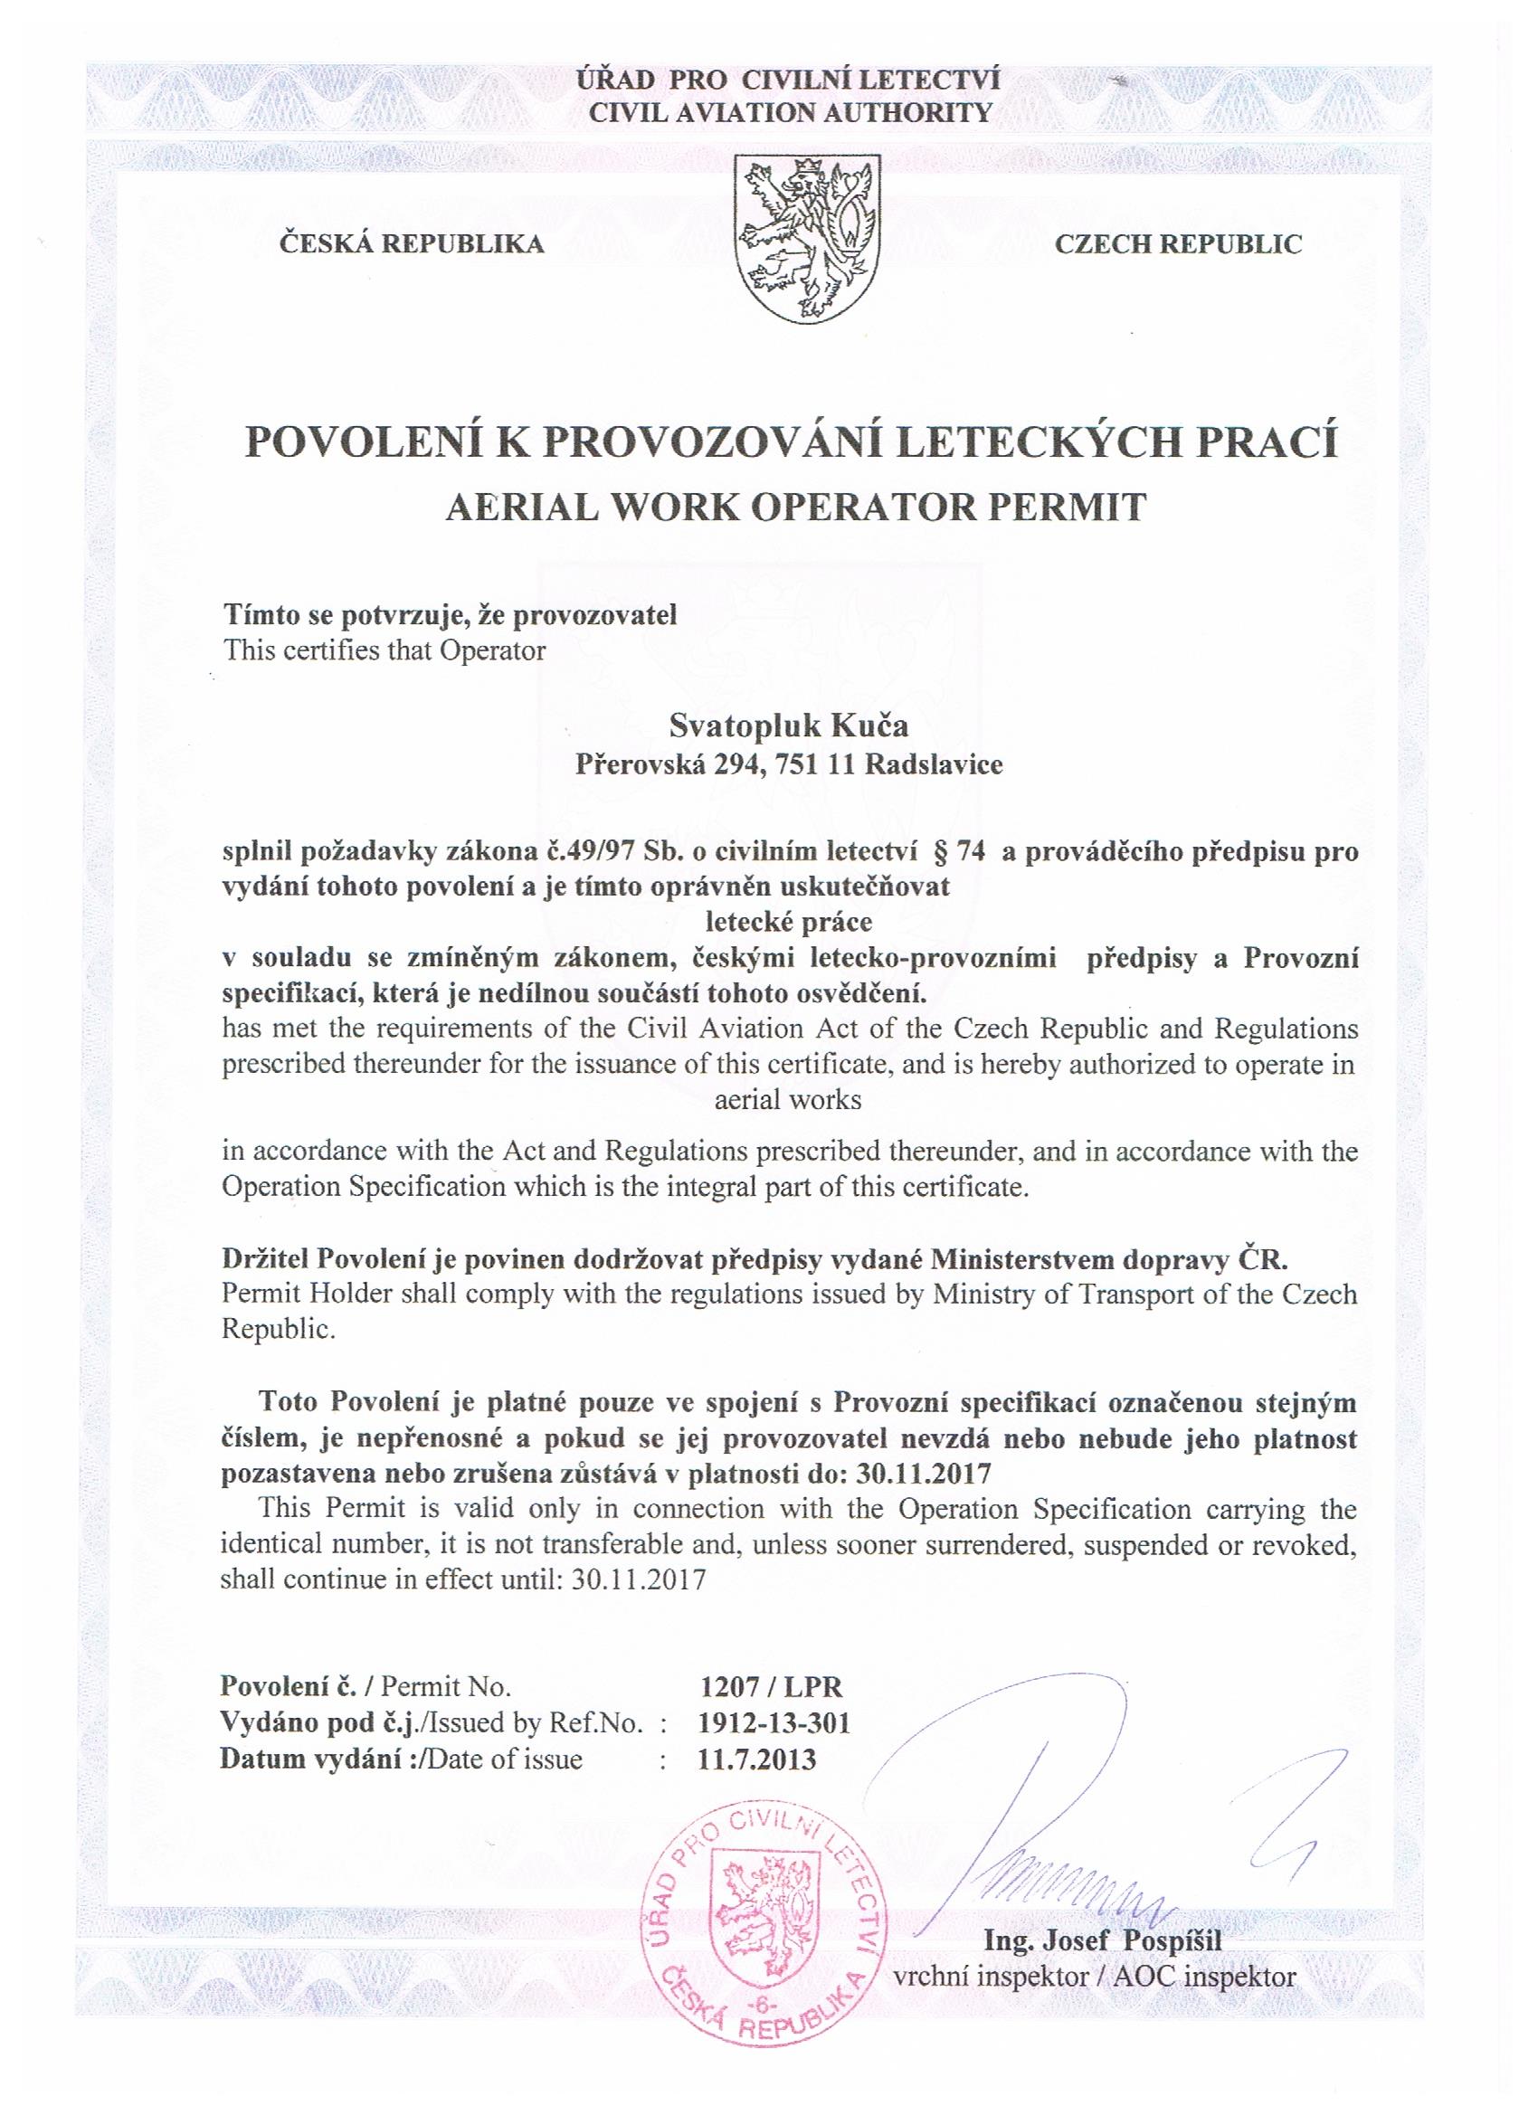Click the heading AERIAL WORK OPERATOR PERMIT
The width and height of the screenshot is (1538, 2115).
pyautogui.click(x=794, y=507)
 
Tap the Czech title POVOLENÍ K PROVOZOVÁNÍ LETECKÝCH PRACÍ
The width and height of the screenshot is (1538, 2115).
pyautogui.click(x=791, y=441)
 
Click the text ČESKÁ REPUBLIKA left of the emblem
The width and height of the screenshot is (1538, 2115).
pyautogui.click(x=412, y=245)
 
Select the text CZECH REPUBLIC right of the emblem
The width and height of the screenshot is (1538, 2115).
pyautogui.click(x=1178, y=245)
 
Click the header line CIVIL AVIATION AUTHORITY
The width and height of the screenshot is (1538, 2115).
pyautogui.click(x=791, y=113)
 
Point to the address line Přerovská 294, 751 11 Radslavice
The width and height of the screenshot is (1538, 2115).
pyautogui.click(x=789, y=764)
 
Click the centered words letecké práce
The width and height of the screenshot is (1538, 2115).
pyautogui.click(x=789, y=923)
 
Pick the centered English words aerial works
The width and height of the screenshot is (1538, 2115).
pyautogui.click(x=788, y=1099)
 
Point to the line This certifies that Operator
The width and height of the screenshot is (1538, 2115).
pyautogui.click(x=384, y=650)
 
